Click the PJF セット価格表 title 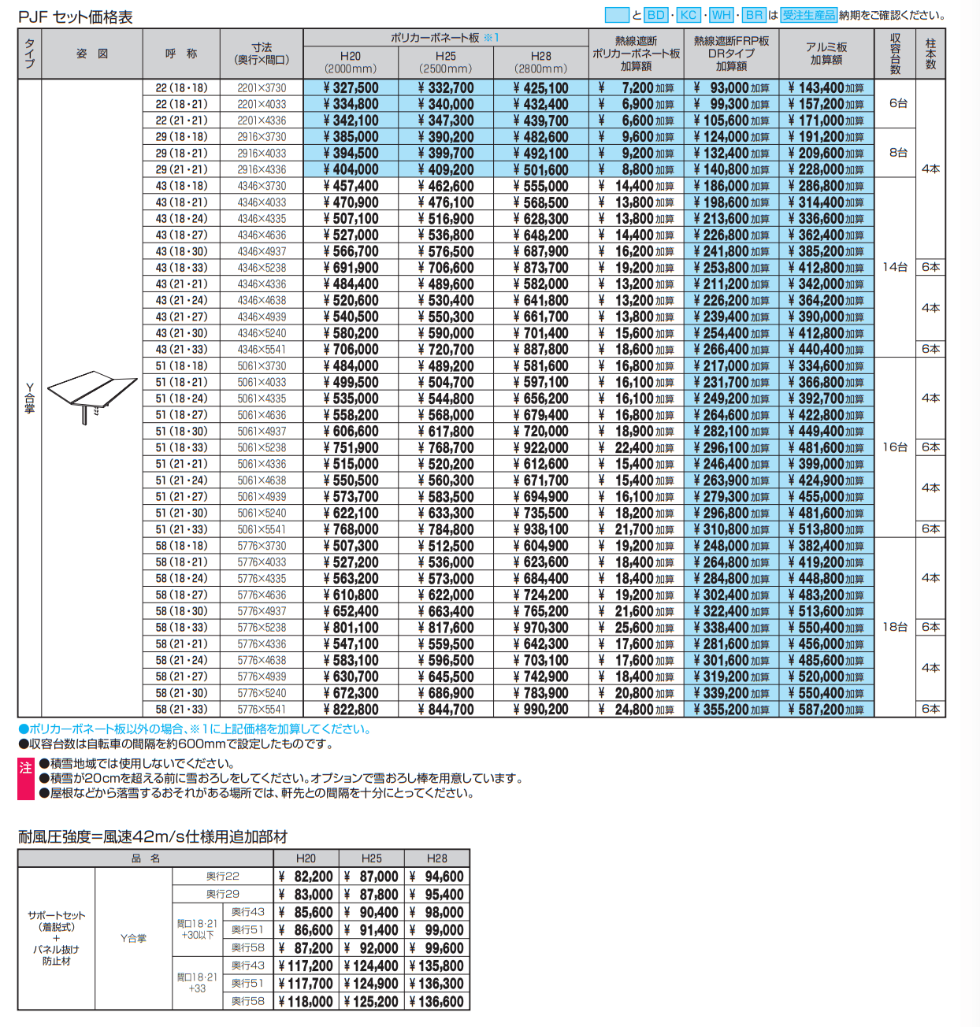(76, 17)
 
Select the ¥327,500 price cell (351, 88)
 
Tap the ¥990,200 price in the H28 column (541, 710)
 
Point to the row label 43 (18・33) (181, 268)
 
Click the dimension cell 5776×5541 (262, 710)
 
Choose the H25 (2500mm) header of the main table (446, 62)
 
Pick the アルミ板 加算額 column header (826, 54)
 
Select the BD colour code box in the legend (656, 15)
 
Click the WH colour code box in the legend (722, 15)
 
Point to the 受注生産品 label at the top (808, 15)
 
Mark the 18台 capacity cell (895, 627)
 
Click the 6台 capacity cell (898, 103)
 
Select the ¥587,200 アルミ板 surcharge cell (826, 710)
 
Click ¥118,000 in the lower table (306, 1002)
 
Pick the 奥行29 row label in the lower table (223, 894)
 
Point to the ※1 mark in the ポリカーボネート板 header (491, 37)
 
